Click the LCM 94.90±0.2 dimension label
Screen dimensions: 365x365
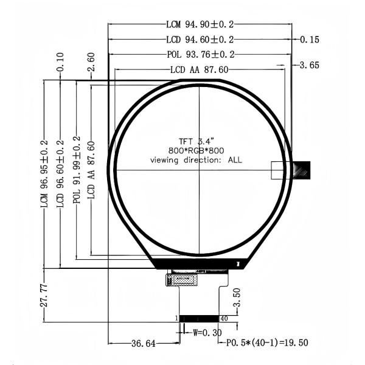[x=200, y=24]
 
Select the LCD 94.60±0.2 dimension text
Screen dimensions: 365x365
[x=200, y=40]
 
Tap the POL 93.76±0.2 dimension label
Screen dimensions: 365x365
[x=200, y=55]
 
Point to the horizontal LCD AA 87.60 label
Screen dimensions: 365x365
[x=199, y=70]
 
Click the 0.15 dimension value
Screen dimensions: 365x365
[x=310, y=40]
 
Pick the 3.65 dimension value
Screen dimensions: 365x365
[x=309, y=65]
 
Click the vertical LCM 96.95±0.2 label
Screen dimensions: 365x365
[x=44, y=173]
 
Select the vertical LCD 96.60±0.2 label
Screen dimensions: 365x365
[x=60, y=173]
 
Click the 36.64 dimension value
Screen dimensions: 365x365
[x=144, y=344]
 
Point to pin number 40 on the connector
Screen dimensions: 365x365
[x=223, y=318]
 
